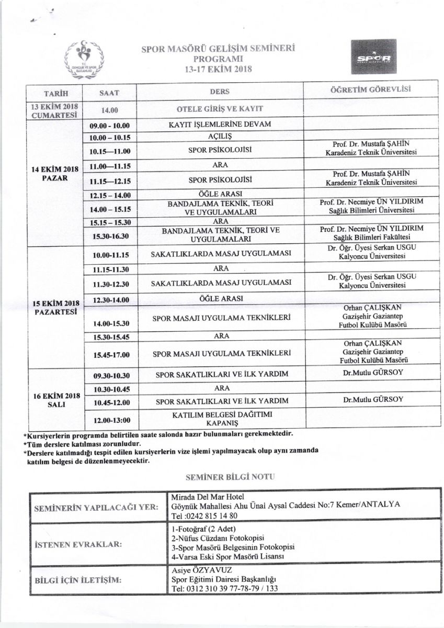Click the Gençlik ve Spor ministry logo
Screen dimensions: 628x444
[x=83, y=57]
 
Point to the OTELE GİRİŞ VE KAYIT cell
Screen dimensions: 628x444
[x=220, y=109]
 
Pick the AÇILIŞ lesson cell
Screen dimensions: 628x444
[x=220, y=137]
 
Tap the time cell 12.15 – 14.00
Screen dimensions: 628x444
[x=110, y=195]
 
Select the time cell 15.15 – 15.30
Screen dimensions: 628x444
[x=110, y=222]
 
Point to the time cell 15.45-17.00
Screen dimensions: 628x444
[x=110, y=355]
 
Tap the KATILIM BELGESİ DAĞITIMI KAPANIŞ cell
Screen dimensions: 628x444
[x=220, y=418]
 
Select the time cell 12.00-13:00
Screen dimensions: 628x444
[x=110, y=419]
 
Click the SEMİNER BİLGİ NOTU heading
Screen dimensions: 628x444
[x=222, y=477]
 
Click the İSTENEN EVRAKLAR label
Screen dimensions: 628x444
[x=79, y=544]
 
